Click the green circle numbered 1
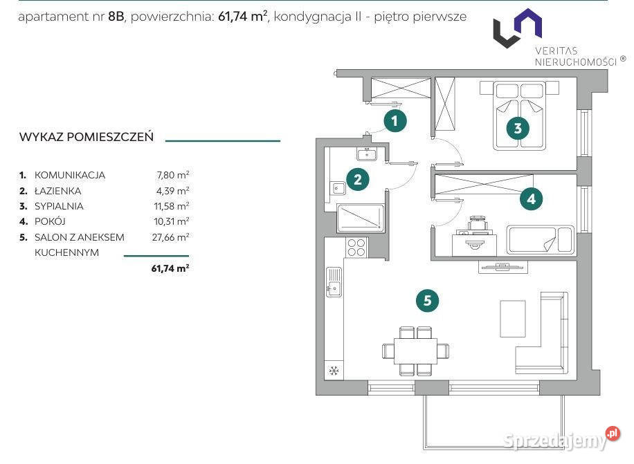tap(395, 120)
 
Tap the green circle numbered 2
tap(357, 179)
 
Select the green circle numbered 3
tap(518, 129)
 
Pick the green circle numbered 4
tap(532, 198)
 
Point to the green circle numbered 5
tap(427, 300)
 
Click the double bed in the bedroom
tap(520, 115)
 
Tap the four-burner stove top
tap(356, 247)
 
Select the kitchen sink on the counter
tap(334, 281)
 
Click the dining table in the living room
tap(415, 351)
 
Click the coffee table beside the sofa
tap(513, 318)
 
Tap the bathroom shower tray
tap(361, 218)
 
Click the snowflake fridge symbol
tap(334, 371)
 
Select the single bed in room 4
tap(540, 239)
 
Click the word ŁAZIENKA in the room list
tap(58, 191)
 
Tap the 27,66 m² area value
tap(170, 237)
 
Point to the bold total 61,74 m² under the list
tap(170, 268)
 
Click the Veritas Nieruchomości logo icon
tap(518, 28)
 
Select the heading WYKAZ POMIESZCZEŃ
tap(87, 137)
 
